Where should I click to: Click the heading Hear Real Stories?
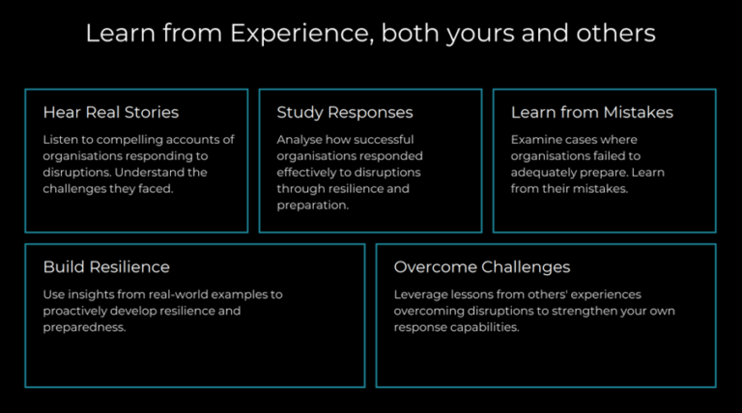pos(111,113)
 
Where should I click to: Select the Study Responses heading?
pos(345,113)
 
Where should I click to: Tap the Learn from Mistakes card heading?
pos(591,113)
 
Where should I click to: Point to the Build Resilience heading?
pos(106,267)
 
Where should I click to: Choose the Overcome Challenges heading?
pos(482,267)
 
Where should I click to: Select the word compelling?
pos(127,140)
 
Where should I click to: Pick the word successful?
pos(385,140)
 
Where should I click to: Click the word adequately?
pos(544,173)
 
